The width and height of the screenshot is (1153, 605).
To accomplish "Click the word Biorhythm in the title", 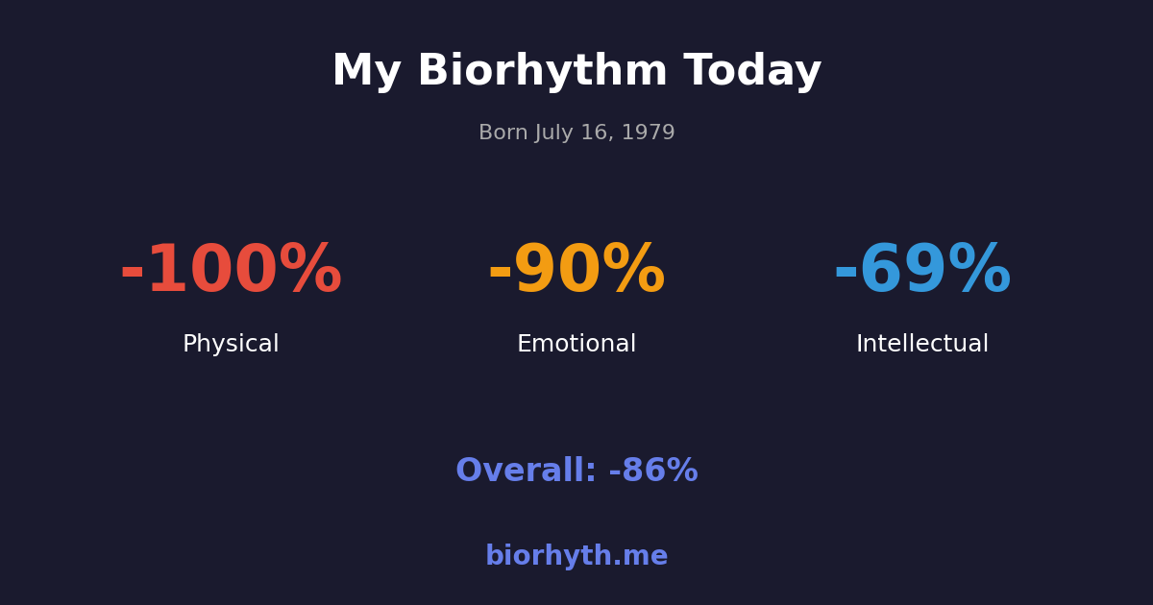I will tap(542, 72).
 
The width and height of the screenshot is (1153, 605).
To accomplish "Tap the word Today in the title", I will tap(752, 72).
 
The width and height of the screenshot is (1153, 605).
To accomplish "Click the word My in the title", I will tap(366, 72).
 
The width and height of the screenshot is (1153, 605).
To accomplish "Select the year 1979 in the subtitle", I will tap(649, 133).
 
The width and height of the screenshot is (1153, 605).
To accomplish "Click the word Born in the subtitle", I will tap(503, 133).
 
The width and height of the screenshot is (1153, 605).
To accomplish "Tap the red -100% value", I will tap(231, 272).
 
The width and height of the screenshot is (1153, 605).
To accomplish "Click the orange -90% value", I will tap(576, 272).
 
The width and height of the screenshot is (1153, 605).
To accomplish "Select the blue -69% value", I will tap(922, 272).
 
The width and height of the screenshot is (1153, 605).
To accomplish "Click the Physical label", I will tap(231, 345).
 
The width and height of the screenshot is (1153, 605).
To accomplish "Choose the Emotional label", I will tap(576, 345).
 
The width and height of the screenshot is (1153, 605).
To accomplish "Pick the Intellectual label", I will tap(922, 345).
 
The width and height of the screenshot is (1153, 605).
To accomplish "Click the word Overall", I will tap(526, 472).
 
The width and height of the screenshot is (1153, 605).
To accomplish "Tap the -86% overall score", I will tap(653, 472).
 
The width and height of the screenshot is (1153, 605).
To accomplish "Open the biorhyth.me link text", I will tap(576, 557).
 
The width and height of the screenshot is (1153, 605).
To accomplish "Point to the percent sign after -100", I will tap(310, 272).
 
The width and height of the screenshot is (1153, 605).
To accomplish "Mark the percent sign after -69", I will tap(978, 272).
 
